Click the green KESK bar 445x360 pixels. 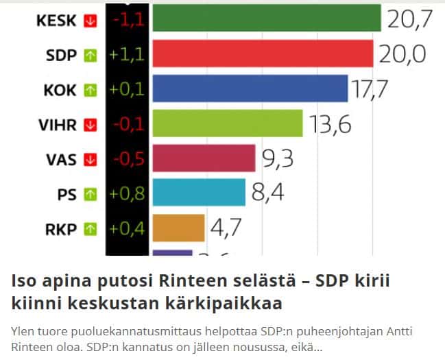266,19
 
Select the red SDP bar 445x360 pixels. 262,54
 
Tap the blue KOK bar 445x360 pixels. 250,89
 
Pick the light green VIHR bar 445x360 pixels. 227,124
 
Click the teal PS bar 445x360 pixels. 198,193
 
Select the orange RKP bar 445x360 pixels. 178,228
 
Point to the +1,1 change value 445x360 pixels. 126,56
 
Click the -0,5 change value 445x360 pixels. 128,159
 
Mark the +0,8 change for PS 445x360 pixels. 126,194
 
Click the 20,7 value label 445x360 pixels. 409,20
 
